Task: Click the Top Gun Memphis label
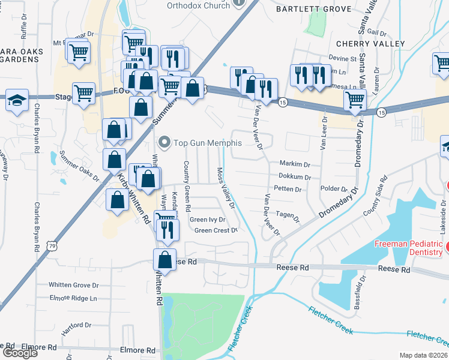coord(208,143)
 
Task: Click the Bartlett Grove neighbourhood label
coord(304,9)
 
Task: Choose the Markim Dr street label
coord(294,164)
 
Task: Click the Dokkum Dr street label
coord(294,177)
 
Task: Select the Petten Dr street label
coord(288,189)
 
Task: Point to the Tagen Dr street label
coord(288,215)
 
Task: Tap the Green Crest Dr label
coord(216,230)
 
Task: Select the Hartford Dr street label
coord(76,325)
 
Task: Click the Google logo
coord(20,353)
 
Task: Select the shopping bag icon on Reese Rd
coord(164,260)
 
